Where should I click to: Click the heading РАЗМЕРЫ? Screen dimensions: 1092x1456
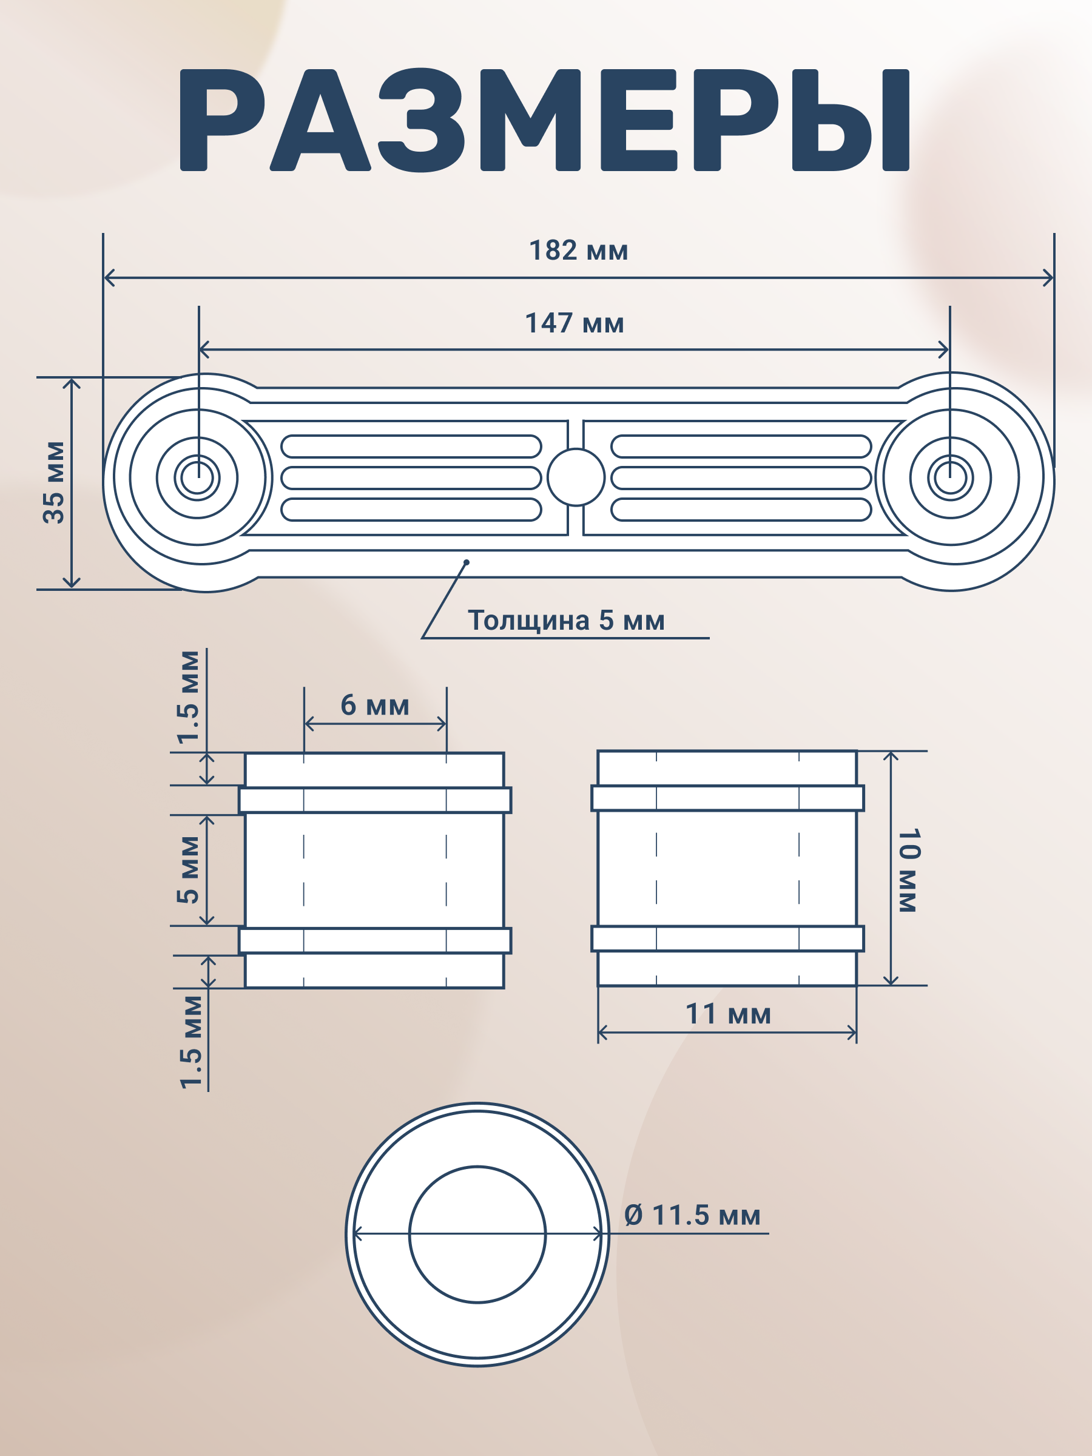(x=545, y=120)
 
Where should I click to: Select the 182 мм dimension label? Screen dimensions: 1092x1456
(x=579, y=251)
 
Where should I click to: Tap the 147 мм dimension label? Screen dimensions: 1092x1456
(x=575, y=323)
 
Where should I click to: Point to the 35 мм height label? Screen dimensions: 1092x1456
(x=54, y=482)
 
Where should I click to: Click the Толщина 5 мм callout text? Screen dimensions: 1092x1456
(x=566, y=620)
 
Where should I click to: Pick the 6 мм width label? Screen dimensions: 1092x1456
(x=375, y=705)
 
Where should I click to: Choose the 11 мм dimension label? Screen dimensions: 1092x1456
(x=728, y=1014)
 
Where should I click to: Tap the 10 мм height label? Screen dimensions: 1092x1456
(x=909, y=870)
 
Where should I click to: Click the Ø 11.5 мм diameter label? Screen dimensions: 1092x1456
(x=692, y=1215)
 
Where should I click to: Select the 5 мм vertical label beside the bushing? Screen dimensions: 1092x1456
(x=188, y=869)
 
